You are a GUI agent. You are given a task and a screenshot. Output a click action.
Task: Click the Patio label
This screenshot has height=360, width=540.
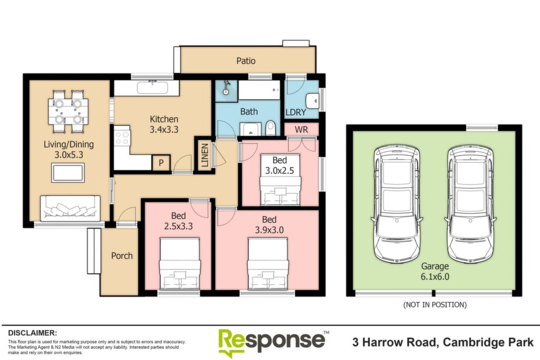click(246, 61)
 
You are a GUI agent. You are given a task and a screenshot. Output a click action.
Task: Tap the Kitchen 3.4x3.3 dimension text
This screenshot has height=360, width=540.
click(164, 130)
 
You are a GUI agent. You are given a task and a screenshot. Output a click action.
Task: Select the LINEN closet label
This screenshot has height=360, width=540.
click(205, 155)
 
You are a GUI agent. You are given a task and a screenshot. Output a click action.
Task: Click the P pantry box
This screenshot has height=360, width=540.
click(161, 162)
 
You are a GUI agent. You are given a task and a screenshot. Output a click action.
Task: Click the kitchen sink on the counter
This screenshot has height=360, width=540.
click(152, 87)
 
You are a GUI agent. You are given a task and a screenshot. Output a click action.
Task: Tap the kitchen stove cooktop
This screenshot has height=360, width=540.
click(122, 138)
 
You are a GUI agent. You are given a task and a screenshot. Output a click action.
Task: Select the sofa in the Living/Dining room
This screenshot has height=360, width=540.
click(70, 208)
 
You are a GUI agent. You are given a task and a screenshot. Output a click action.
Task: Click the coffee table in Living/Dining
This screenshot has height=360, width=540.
click(68, 173)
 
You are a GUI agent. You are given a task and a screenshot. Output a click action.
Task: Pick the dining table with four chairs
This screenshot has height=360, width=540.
click(68, 112)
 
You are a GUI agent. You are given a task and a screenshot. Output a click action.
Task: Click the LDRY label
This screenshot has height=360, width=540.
click(296, 112)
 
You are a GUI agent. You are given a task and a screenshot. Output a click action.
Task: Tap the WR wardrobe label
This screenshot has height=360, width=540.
click(301, 130)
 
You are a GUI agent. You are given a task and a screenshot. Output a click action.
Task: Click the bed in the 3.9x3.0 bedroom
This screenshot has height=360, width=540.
click(267, 265)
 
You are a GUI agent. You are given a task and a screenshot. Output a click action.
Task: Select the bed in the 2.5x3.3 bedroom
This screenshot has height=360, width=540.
click(180, 264)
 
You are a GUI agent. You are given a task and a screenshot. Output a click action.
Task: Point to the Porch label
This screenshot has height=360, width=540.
click(122, 256)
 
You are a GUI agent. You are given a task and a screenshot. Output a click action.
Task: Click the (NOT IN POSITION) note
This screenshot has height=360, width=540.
click(435, 305)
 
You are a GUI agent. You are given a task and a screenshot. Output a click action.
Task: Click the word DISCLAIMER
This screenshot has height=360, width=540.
click(32, 333)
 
